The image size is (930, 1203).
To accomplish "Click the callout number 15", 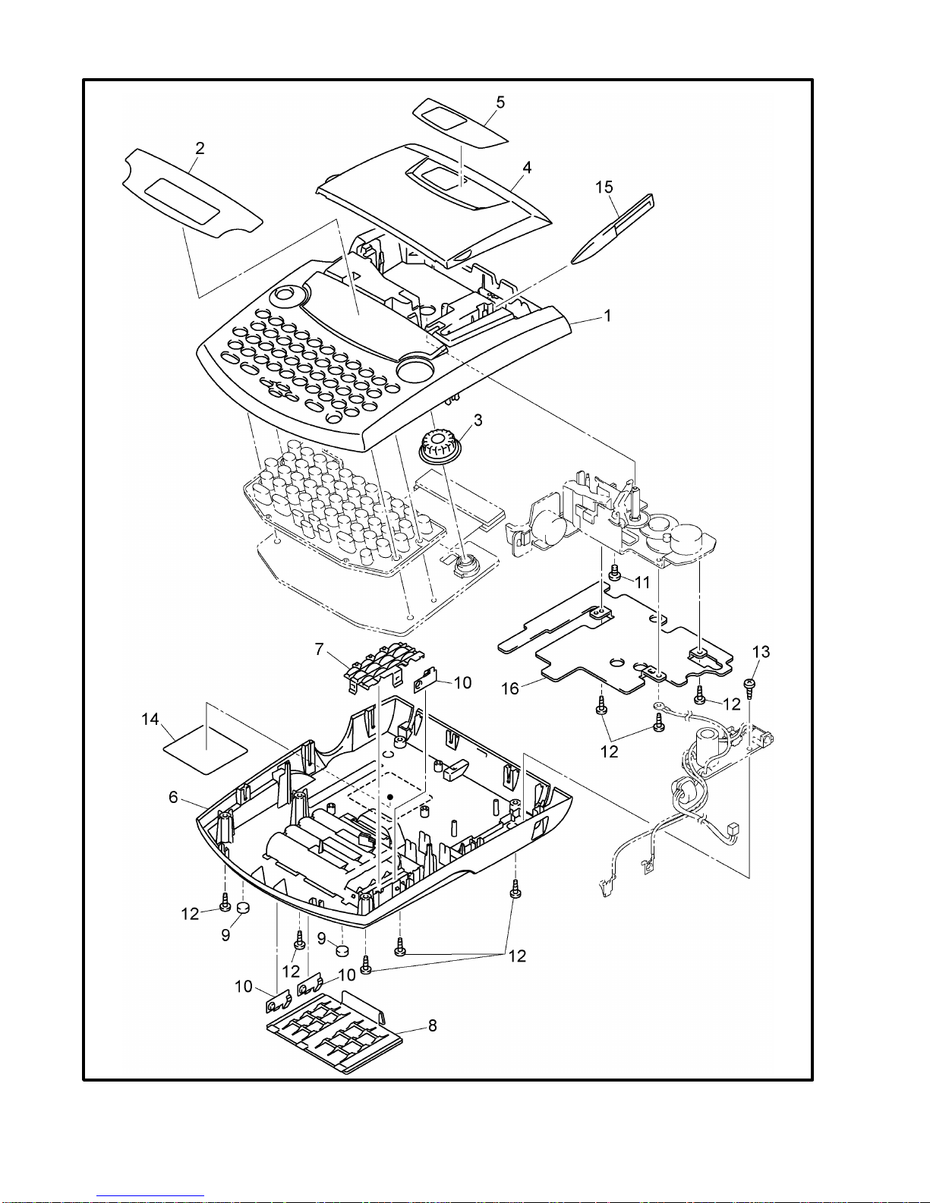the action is point(604,187).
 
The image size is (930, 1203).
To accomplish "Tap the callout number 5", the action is point(500,102).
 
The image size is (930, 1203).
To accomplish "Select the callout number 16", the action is point(510,688).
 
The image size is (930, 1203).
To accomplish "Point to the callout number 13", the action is point(761,652).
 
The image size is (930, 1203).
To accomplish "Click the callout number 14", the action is point(150,719).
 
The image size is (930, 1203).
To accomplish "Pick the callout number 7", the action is point(320,649).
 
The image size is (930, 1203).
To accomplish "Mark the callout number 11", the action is point(642,582).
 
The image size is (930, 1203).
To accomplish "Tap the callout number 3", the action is point(478,420).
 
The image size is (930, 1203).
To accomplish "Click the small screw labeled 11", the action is point(614,572).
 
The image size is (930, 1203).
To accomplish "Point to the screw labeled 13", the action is point(749,688).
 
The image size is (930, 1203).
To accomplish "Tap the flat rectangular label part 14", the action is point(206,751).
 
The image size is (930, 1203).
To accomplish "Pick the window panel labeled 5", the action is point(460,123).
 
